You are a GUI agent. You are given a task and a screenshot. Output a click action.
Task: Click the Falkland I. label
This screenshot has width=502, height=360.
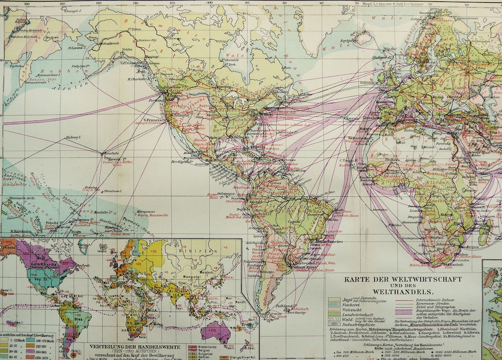pyautogui.click(x=283, y=306)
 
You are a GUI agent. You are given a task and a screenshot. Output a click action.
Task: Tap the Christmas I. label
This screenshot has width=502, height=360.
pyautogui.click(x=113, y=191)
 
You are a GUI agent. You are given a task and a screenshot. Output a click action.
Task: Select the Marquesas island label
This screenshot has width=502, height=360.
pyautogui.click(x=147, y=210)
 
